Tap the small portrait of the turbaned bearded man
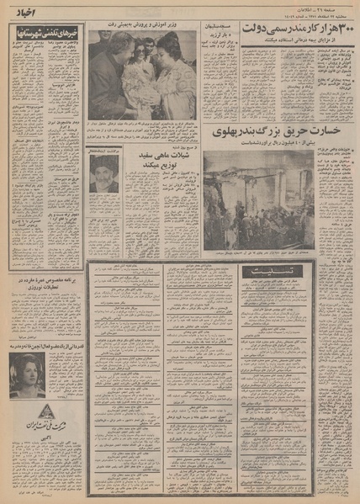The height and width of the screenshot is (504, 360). pyautogui.click(x=103, y=173)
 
